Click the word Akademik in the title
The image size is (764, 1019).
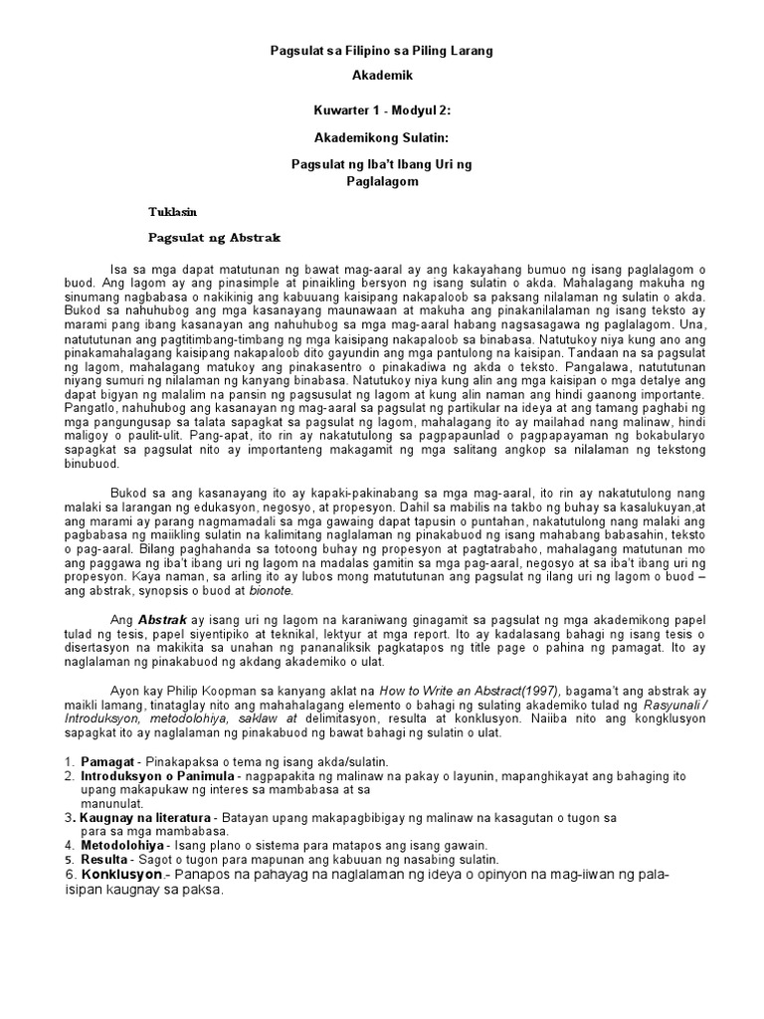(x=382, y=75)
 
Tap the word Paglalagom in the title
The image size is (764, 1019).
(x=382, y=182)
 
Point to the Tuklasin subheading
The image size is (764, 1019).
(x=173, y=212)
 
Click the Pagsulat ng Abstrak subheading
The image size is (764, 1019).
(x=215, y=239)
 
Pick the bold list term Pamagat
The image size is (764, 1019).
(x=105, y=761)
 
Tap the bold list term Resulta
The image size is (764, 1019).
(x=103, y=859)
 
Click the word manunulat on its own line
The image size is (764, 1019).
(x=112, y=803)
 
